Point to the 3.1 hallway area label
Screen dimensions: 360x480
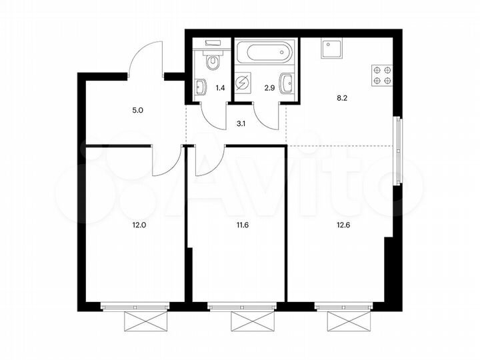[242, 121]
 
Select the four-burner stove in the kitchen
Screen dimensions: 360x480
[382, 75]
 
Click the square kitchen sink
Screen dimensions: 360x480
[331, 49]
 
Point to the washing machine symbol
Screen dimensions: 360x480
[243, 83]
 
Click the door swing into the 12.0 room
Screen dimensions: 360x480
[166, 161]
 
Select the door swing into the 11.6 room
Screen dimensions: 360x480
[208, 161]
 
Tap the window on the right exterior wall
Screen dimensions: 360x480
[398, 150]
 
